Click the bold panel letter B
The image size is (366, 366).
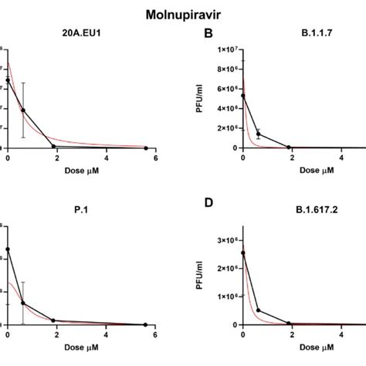tap(207, 34)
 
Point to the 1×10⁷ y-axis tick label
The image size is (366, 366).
tap(222, 51)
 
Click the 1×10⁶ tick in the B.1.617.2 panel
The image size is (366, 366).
tap(222, 297)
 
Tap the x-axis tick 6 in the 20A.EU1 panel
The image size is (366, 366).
tap(155, 158)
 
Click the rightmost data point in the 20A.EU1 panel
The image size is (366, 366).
tap(147, 147)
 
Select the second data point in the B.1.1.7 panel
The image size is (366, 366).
tap(258, 134)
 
